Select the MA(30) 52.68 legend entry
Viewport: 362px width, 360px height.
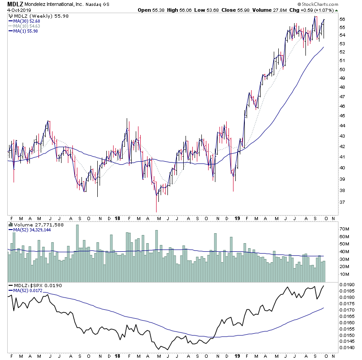click(x=28, y=21)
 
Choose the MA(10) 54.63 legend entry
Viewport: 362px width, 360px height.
click(x=28, y=26)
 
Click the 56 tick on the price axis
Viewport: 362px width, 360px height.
click(x=342, y=19)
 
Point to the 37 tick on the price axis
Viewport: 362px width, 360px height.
click(x=342, y=202)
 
